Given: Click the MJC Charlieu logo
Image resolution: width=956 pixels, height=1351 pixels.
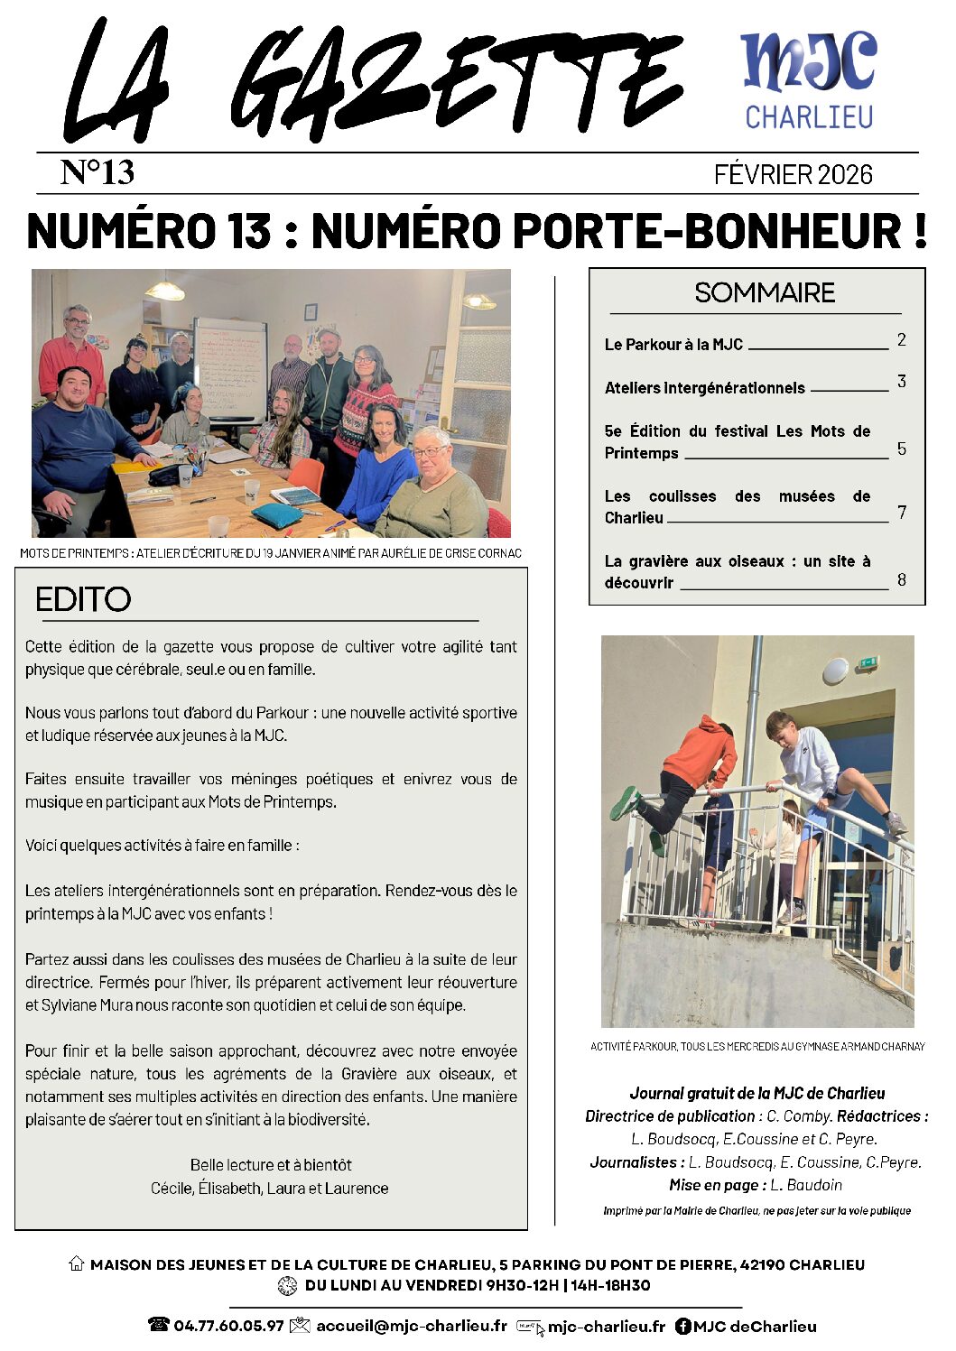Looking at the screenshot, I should click(x=808, y=80).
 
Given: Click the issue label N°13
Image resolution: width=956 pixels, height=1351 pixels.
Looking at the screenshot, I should click(x=97, y=172).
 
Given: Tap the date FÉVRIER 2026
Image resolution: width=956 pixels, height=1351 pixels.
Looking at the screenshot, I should click(x=793, y=174).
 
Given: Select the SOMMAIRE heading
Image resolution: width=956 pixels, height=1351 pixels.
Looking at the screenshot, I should click(x=765, y=292).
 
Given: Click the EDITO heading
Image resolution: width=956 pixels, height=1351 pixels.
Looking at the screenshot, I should click(x=83, y=599).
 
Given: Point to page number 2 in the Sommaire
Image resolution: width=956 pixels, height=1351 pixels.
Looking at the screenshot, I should click(x=901, y=340).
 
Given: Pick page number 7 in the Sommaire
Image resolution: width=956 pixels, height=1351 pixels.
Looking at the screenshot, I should click(x=901, y=513).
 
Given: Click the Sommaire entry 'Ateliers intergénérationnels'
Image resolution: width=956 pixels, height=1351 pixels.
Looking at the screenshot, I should click(x=704, y=388).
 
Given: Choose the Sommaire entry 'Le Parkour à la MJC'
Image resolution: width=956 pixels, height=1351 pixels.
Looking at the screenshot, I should click(x=673, y=345).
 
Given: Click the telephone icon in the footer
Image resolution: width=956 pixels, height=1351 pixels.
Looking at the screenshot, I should click(x=159, y=1325).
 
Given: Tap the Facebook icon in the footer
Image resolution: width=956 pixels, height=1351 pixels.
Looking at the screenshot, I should click(x=683, y=1326).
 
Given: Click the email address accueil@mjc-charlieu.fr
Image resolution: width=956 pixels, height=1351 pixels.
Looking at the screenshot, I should click(x=411, y=1326).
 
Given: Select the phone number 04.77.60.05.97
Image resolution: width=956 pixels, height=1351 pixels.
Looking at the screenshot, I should click(x=228, y=1326).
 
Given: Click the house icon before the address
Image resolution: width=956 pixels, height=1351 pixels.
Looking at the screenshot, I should click(x=77, y=1264).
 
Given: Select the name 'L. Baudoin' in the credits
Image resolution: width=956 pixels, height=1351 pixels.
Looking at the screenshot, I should click(x=805, y=1185).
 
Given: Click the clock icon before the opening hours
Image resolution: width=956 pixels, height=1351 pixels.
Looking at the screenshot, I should click(x=287, y=1286).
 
